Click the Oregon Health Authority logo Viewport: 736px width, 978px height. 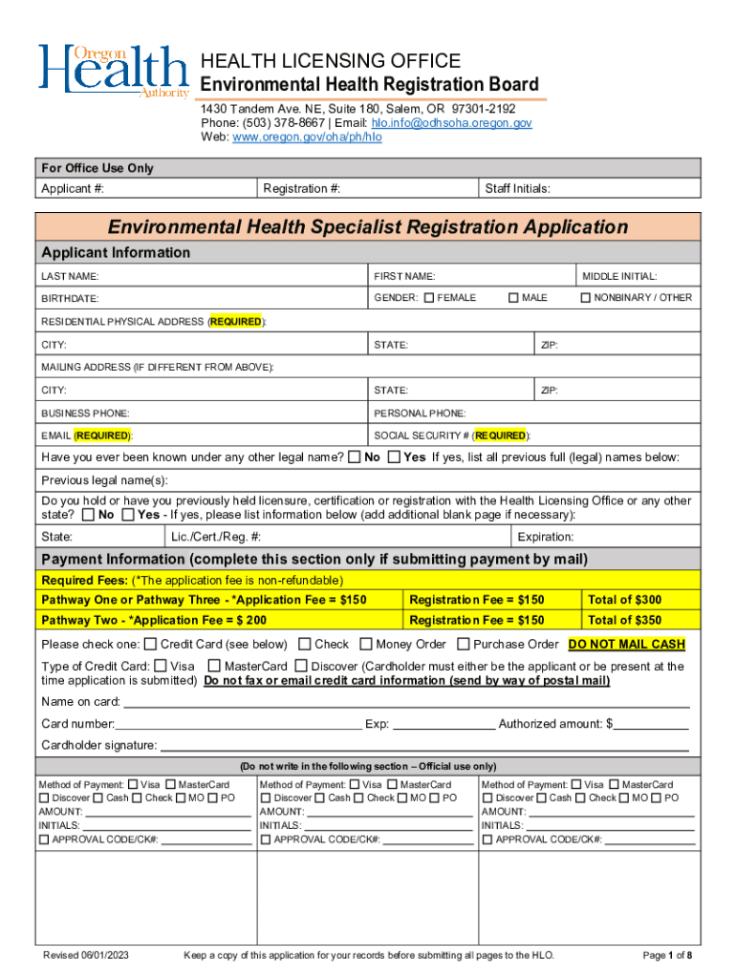(x=113, y=70)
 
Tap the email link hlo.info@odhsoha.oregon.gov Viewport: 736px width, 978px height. (x=452, y=123)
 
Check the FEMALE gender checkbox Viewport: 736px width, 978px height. (x=429, y=298)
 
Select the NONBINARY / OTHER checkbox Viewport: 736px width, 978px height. (x=587, y=298)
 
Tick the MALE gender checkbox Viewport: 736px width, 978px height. (x=514, y=298)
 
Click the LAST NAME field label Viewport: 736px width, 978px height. (x=70, y=276)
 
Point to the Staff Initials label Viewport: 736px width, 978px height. (x=518, y=188)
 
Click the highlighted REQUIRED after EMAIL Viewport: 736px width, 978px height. (x=103, y=436)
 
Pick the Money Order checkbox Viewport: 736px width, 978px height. (x=368, y=645)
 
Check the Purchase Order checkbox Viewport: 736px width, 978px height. (x=465, y=645)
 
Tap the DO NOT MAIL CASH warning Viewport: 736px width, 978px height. (x=626, y=645)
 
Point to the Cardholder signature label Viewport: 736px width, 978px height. (x=98, y=746)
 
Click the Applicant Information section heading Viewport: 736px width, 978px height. (x=116, y=253)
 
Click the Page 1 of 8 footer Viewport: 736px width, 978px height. (x=667, y=956)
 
